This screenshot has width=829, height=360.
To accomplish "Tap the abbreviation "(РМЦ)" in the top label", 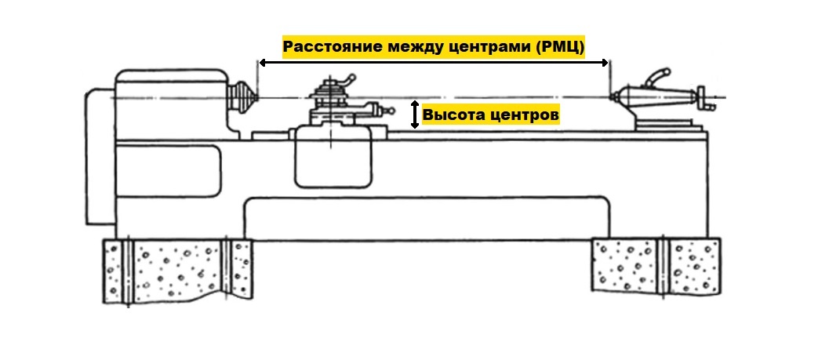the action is pyautogui.click(x=560, y=48).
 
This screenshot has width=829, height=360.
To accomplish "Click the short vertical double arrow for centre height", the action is pyautogui.click(x=415, y=115).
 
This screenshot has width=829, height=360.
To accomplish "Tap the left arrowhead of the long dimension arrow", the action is pyautogui.click(x=263, y=63).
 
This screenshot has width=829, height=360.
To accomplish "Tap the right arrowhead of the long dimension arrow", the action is pyautogui.click(x=605, y=63).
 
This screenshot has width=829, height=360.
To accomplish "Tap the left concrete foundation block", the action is pyautogui.click(x=178, y=271).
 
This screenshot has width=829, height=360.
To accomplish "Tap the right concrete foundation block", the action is pyautogui.click(x=656, y=265).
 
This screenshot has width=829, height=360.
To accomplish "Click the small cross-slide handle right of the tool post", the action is pyautogui.click(x=387, y=111).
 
